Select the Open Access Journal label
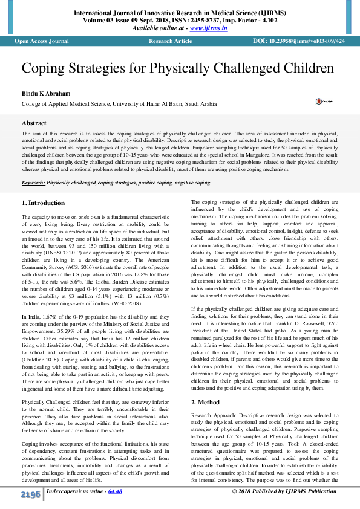tap(42, 41)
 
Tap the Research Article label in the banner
tap(170, 41)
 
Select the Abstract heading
tap(34, 123)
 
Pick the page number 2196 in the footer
tap(30, 495)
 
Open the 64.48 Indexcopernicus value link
tap(115, 491)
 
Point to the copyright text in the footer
tap(284, 491)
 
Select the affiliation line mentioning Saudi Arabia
tap(119, 104)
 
